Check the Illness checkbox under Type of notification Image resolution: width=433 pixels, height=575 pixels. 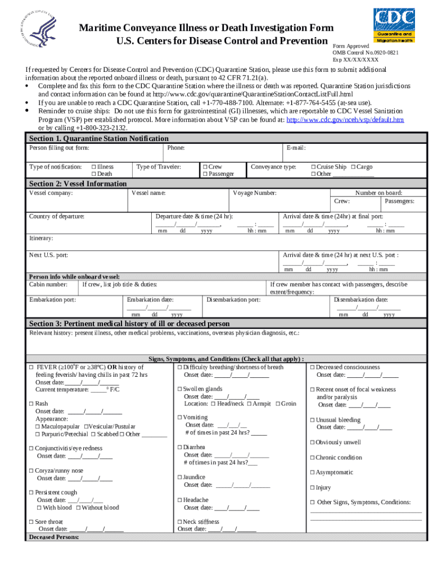(x=93, y=167)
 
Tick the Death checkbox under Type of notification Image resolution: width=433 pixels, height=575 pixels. (x=93, y=174)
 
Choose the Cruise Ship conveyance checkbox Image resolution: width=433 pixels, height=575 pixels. (x=314, y=167)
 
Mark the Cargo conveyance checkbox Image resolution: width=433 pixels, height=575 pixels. (x=353, y=167)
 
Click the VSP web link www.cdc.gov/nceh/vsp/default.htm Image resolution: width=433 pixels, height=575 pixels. (x=345, y=120)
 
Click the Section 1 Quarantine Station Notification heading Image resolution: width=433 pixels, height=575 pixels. (x=98, y=138)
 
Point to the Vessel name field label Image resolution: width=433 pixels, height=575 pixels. (x=148, y=193)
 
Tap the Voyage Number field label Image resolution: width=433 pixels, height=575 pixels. (x=254, y=193)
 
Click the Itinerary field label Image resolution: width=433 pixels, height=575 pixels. (x=41, y=238)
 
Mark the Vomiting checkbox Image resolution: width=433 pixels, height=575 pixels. (x=179, y=418)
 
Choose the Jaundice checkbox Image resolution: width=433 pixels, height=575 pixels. (x=179, y=477)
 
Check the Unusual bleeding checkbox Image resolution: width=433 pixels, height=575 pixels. (x=313, y=420)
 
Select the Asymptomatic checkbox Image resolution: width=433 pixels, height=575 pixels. (x=313, y=473)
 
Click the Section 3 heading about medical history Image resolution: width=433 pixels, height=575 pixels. (x=129, y=324)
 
